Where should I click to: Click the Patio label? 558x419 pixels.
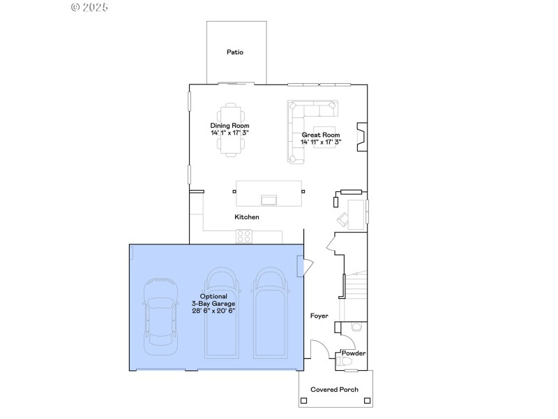[235, 52]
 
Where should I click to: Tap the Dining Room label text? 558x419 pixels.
[230, 126]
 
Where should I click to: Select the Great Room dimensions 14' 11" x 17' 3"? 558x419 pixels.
[321, 142]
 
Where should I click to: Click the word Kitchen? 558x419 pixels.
[246, 217]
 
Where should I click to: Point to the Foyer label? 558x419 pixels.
[319, 316]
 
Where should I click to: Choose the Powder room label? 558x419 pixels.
[354, 353]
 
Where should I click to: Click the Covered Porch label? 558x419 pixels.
[334, 390]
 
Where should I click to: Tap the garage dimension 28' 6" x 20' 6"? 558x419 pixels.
[213, 311]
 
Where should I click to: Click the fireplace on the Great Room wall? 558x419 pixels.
[361, 137]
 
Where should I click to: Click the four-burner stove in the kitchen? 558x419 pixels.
[243, 237]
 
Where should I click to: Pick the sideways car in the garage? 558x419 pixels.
[159, 315]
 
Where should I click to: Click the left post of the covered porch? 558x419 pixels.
[303, 401]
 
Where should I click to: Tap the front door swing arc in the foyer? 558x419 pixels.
[321, 346]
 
